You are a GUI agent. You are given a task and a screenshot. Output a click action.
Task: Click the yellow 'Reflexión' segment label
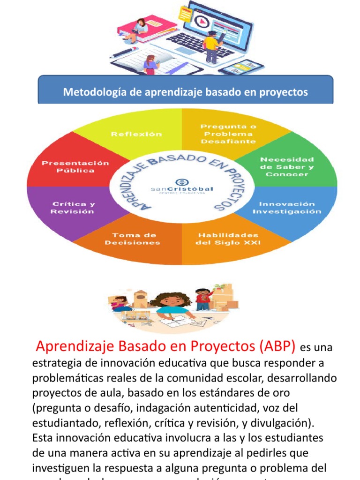(136, 134)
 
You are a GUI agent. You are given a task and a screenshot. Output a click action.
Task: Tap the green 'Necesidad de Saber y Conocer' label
(287, 167)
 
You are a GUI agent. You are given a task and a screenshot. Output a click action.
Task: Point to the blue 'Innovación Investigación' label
(287, 208)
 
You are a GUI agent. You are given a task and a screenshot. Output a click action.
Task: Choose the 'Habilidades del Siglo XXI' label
(228, 239)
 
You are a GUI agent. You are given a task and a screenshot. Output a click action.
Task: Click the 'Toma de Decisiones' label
(132, 239)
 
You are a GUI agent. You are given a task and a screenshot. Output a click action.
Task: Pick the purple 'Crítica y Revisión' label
(73, 208)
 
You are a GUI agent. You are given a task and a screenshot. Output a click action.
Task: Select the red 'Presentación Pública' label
(75, 167)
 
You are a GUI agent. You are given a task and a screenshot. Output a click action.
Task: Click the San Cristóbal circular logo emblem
(181, 182)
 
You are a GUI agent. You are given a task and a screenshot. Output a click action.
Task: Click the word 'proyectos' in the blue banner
(285, 92)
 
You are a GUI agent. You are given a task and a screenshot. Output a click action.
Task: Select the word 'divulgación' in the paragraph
(283, 423)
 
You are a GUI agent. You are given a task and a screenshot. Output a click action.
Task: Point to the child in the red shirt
(202, 299)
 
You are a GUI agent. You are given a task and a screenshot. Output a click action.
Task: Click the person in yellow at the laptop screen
(211, 45)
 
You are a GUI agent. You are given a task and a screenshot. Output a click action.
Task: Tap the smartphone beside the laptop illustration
(235, 67)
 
